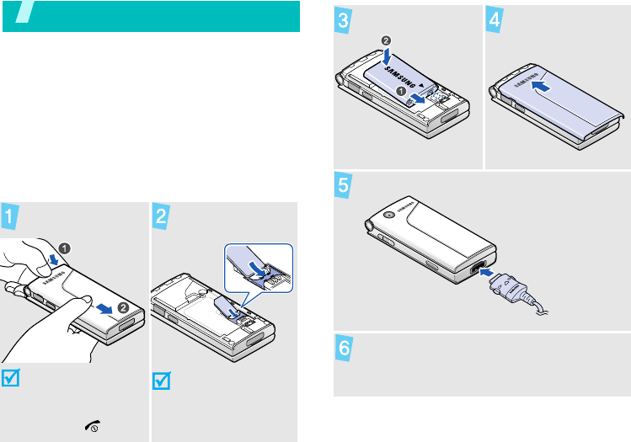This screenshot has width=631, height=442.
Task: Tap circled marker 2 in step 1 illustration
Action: [123, 308]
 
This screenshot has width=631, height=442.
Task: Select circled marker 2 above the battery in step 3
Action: [387, 39]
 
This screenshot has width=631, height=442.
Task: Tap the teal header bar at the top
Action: [152, 16]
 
